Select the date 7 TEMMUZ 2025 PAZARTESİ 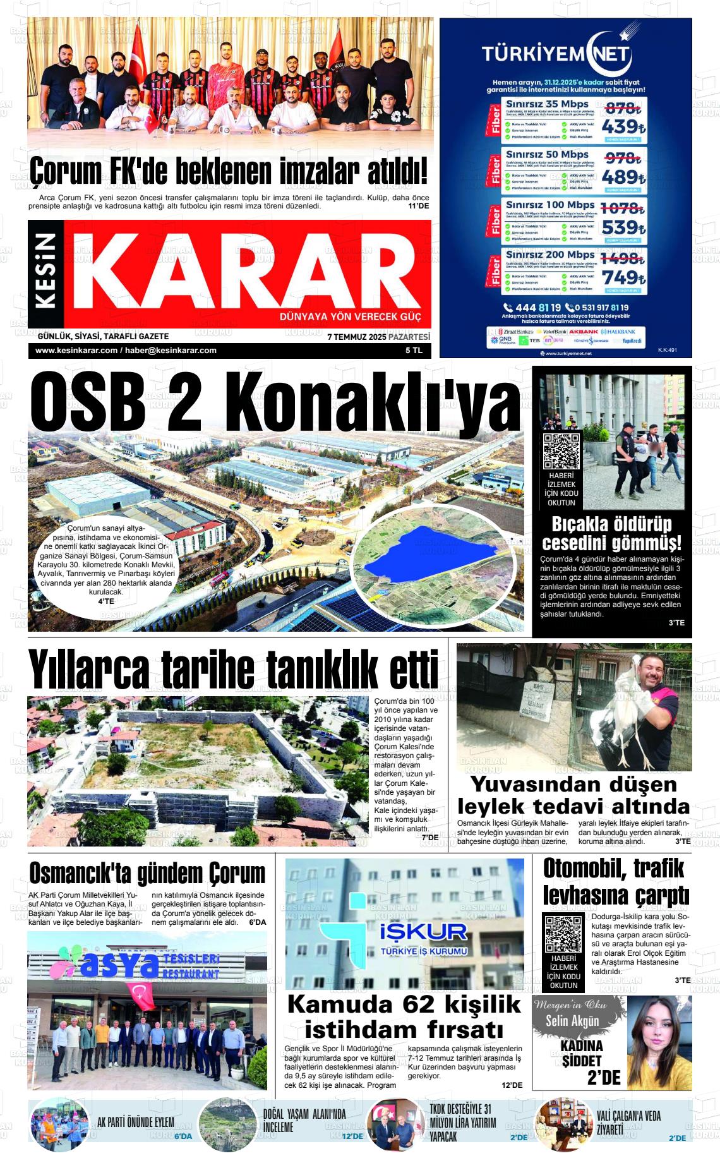click(x=378, y=337)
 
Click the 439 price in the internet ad click(x=623, y=127)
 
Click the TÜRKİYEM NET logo click(x=556, y=53)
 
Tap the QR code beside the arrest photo click(x=561, y=451)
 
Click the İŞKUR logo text click(x=423, y=931)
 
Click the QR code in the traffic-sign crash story click(x=563, y=934)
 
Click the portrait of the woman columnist click(x=657, y=1042)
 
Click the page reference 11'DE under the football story click(x=419, y=206)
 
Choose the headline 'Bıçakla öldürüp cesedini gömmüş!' click(x=611, y=533)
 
